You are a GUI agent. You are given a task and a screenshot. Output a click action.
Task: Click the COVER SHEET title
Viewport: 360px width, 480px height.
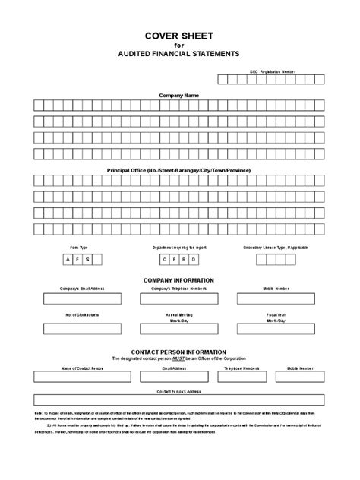pos(179,35)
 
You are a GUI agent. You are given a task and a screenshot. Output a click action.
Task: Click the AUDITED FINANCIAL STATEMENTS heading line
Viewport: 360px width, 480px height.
pos(179,54)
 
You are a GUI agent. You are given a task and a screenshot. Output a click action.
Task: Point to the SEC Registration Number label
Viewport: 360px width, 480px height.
pos(273,71)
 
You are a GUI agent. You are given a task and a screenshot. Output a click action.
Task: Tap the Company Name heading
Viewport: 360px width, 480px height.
pos(179,96)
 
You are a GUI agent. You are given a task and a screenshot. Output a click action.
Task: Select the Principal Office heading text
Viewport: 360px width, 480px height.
pos(179,170)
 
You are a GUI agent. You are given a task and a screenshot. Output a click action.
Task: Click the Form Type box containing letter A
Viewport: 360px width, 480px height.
pos(68,260)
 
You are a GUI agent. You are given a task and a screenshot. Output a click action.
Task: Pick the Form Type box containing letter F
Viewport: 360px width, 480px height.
pos(77,260)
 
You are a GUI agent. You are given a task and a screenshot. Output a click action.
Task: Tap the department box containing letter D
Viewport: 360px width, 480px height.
pos(194,260)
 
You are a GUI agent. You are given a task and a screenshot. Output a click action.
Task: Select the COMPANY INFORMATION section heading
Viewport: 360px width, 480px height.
pos(179,280)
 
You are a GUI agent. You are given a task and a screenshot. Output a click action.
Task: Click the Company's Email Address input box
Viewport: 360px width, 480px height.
pos(79,299)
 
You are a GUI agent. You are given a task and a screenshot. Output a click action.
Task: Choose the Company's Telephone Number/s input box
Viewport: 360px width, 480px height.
pos(179,299)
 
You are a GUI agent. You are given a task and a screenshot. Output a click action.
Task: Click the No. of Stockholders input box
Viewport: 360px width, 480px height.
pos(79,329)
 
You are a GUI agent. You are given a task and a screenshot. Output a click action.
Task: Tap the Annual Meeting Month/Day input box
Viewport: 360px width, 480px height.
pos(179,329)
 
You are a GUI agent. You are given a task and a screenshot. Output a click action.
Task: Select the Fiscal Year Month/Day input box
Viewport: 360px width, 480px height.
pos(276,329)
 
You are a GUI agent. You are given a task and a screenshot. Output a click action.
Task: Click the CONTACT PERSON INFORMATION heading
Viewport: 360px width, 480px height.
pos(179,352)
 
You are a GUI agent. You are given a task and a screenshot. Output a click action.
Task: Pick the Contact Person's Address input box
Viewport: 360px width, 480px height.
pos(179,400)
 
